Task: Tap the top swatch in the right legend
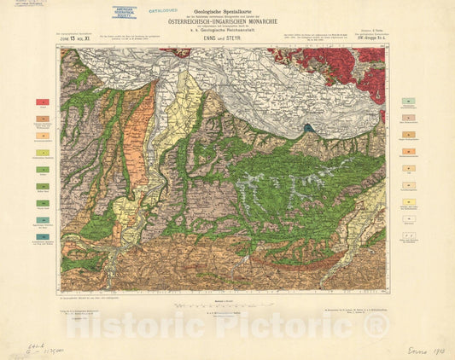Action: click(x=410, y=101)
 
